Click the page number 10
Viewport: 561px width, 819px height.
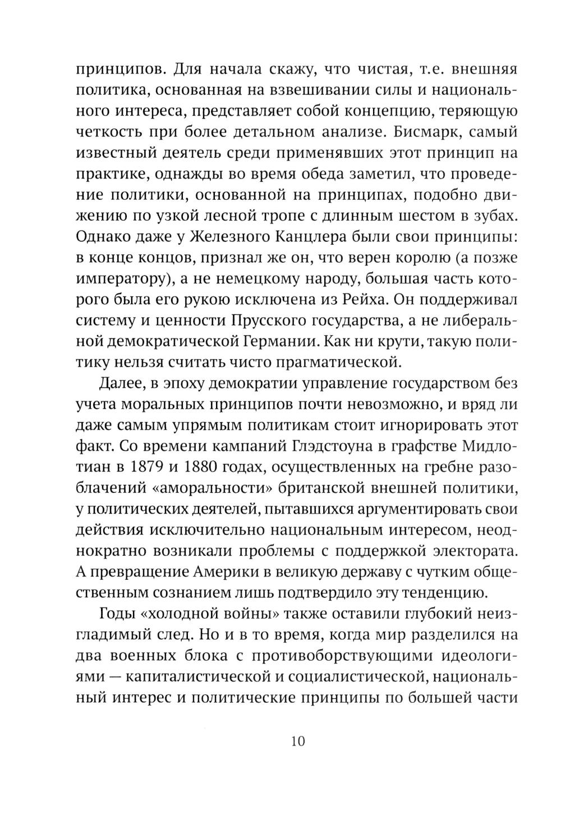[297, 741]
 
